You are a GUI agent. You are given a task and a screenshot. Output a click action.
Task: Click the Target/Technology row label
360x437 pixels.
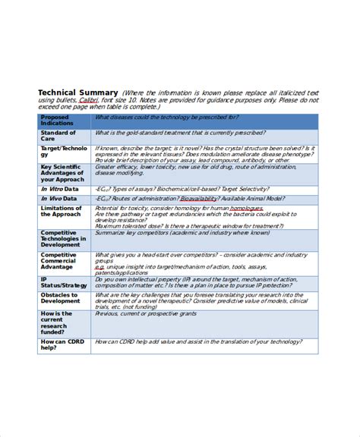64,151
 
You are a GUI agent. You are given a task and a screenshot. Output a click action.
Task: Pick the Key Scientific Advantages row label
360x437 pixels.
64,172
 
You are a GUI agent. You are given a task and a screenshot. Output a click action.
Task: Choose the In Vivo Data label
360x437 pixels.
59,198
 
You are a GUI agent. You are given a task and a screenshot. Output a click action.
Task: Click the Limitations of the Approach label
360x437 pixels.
61,211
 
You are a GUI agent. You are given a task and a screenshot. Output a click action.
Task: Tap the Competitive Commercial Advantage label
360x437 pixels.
61,261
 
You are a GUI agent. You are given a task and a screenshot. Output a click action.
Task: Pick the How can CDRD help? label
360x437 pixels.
58,345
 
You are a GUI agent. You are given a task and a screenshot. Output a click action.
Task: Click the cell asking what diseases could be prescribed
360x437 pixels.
167,118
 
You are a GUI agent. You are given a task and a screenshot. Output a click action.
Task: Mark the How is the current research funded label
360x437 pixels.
58,322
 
